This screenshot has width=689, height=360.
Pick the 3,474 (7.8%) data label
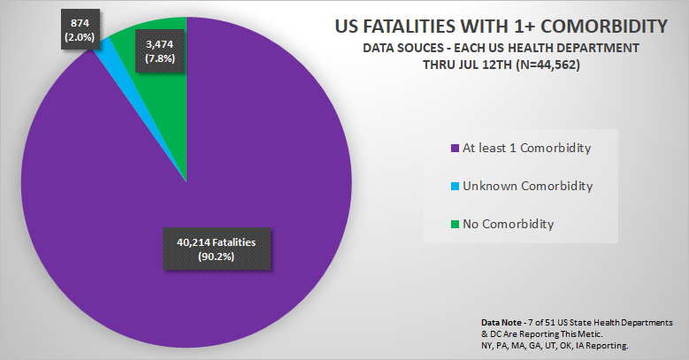(159, 50)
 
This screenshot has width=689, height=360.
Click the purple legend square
(455, 148)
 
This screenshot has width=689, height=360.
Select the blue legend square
(455, 186)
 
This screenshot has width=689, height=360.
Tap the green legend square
(455, 225)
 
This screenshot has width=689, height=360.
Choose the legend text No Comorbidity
(508, 225)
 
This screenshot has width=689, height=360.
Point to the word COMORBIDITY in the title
(594, 25)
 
